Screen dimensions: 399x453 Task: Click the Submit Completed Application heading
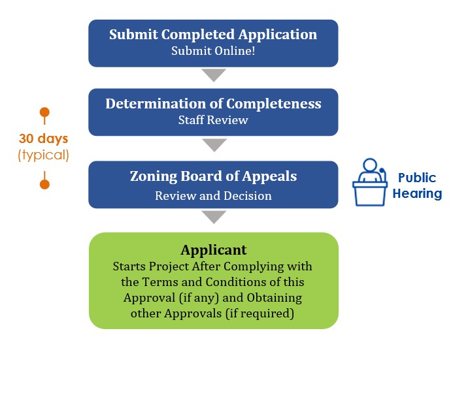[x=213, y=35]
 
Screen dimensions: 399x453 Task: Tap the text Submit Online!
[x=213, y=51]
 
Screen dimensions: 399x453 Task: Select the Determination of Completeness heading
[x=213, y=104]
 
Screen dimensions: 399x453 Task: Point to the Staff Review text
[x=213, y=120]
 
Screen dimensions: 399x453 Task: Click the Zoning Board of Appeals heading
[x=213, y=176]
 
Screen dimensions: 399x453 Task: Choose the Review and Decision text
[x=213, y=195]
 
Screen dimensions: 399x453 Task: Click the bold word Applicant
[x=213, y=250]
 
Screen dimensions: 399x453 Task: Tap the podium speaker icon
[x=370, y=182]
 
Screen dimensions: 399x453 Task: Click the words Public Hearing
[x=417, y=186]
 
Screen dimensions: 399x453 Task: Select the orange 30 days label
[x=43, y=138]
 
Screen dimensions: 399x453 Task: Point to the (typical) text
[x=43, y=155]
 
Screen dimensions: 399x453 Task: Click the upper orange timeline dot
[x=44, y=112]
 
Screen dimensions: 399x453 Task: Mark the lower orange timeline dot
[x=44, y=184]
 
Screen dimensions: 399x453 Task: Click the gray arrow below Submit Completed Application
[x=214, y=74]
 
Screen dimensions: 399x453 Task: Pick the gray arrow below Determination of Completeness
[x=214, y=144]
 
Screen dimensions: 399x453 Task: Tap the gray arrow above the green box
[x=214, y=217]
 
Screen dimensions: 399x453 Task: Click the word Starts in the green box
[x=128, y=266]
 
